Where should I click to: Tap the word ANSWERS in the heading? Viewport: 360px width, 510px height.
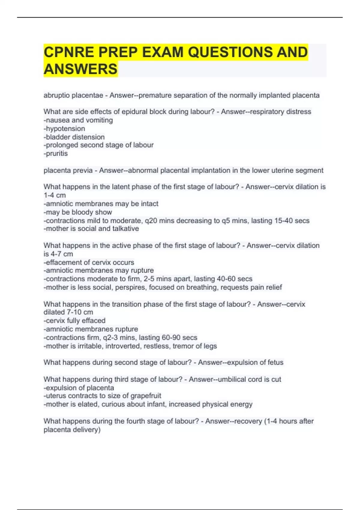coord(80,69)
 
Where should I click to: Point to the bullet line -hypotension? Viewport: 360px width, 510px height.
coord(64,129)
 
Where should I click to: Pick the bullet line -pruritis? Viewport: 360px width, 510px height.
coord(56,154)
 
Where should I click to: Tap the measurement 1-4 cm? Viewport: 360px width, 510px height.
coord(55,195)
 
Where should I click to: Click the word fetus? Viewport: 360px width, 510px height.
coord(275,362)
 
